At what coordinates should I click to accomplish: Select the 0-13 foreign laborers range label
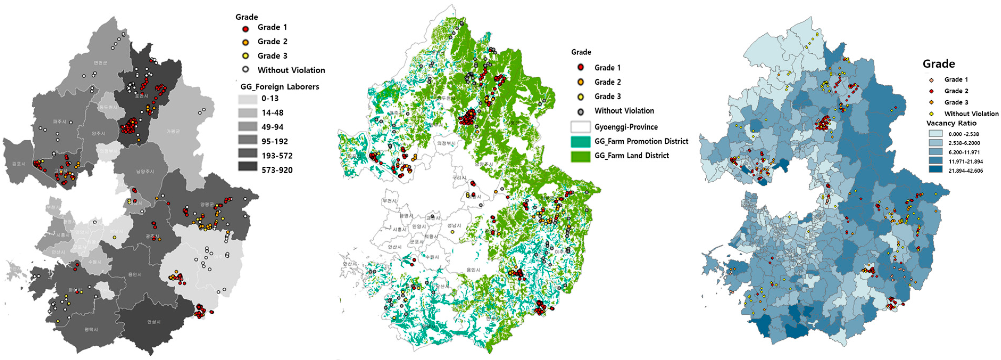click(270, 98)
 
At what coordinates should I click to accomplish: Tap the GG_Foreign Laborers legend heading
click(280, 87)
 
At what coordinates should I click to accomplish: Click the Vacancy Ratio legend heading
click(951, 123)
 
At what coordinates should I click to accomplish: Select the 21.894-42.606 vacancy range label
click(966, 171)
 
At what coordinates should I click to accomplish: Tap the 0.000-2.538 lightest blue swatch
click(935, 134)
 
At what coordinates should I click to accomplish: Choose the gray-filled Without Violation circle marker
click(581, 112)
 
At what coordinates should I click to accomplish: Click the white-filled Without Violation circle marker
click(245, 70)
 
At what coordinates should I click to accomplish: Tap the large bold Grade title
click(939, 64)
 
